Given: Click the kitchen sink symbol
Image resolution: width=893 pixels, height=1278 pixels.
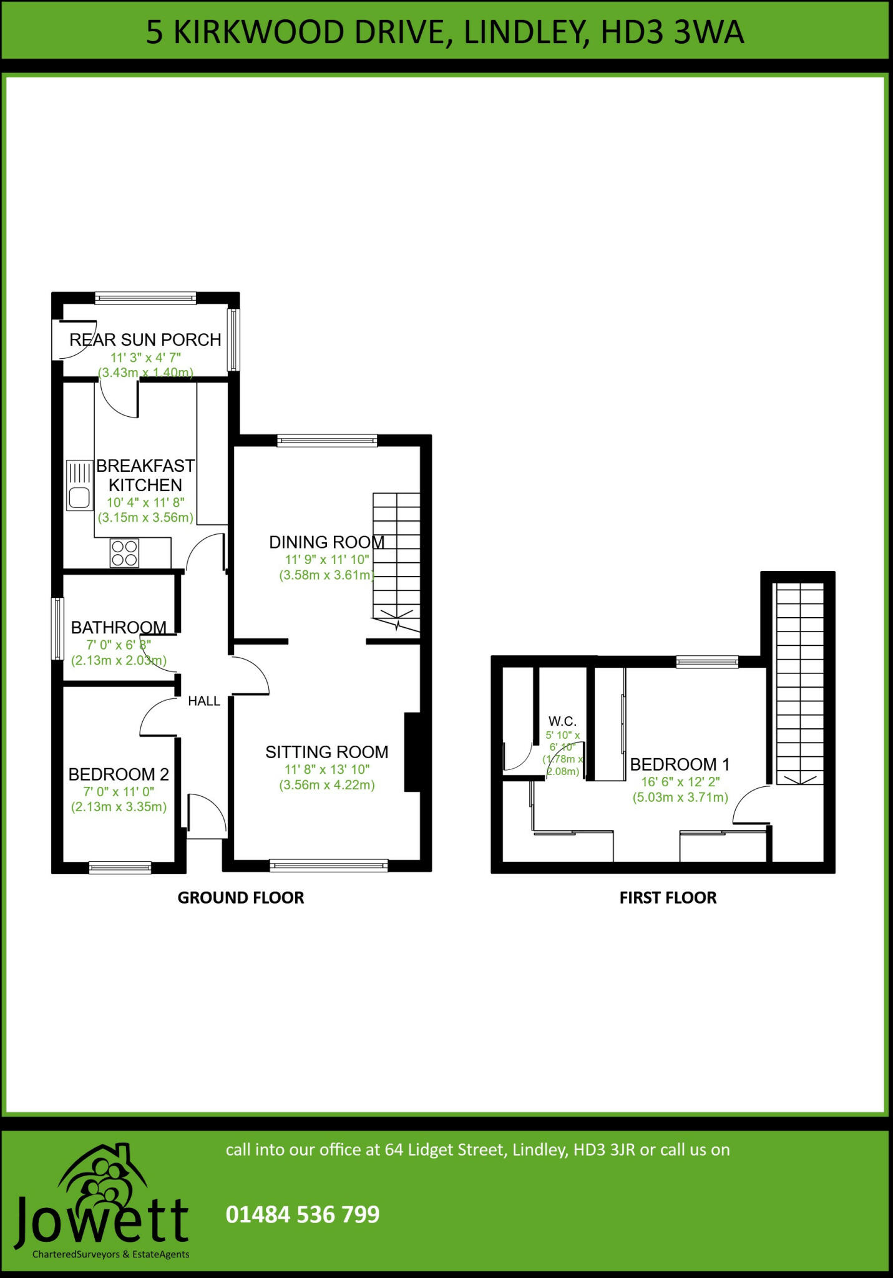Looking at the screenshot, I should (x=79, y=485).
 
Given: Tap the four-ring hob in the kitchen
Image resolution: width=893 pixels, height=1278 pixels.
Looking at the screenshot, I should (x=124, y=553).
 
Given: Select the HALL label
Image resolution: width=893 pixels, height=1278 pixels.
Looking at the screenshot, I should (x=204, y=701).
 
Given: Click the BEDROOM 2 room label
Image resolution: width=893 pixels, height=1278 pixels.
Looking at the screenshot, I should (x=119, y=774).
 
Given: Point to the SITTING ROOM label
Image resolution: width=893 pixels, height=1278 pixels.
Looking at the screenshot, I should (x=326, y=752).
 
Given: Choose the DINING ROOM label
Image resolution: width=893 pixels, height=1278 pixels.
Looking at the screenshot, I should (x=326, y=542).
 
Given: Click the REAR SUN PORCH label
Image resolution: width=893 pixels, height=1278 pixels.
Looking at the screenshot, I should (x=145, y=340).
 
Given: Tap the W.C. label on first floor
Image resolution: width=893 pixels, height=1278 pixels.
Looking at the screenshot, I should (x=562, y=721).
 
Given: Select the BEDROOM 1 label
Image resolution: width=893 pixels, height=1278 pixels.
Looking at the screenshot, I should (x=680, y=764).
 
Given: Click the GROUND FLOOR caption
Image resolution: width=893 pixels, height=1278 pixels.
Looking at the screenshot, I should (x=241, y=898).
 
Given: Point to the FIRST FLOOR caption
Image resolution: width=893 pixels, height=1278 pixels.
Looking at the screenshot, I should (x=668, y=898).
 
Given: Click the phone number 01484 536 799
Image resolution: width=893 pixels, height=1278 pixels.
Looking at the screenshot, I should (x=303, y=1214).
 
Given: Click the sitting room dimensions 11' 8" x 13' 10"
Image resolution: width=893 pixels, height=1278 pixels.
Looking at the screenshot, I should (x=327, y=769).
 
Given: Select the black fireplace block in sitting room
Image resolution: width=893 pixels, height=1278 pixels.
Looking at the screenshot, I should (x=412, y=753).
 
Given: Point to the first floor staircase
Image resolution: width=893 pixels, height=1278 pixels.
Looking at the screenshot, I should (x=799, y=683).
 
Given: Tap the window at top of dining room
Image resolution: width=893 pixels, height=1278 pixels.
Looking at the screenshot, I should (x=327, y=441).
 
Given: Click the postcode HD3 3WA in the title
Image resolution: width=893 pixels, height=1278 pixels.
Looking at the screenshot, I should (x=672, y=32).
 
